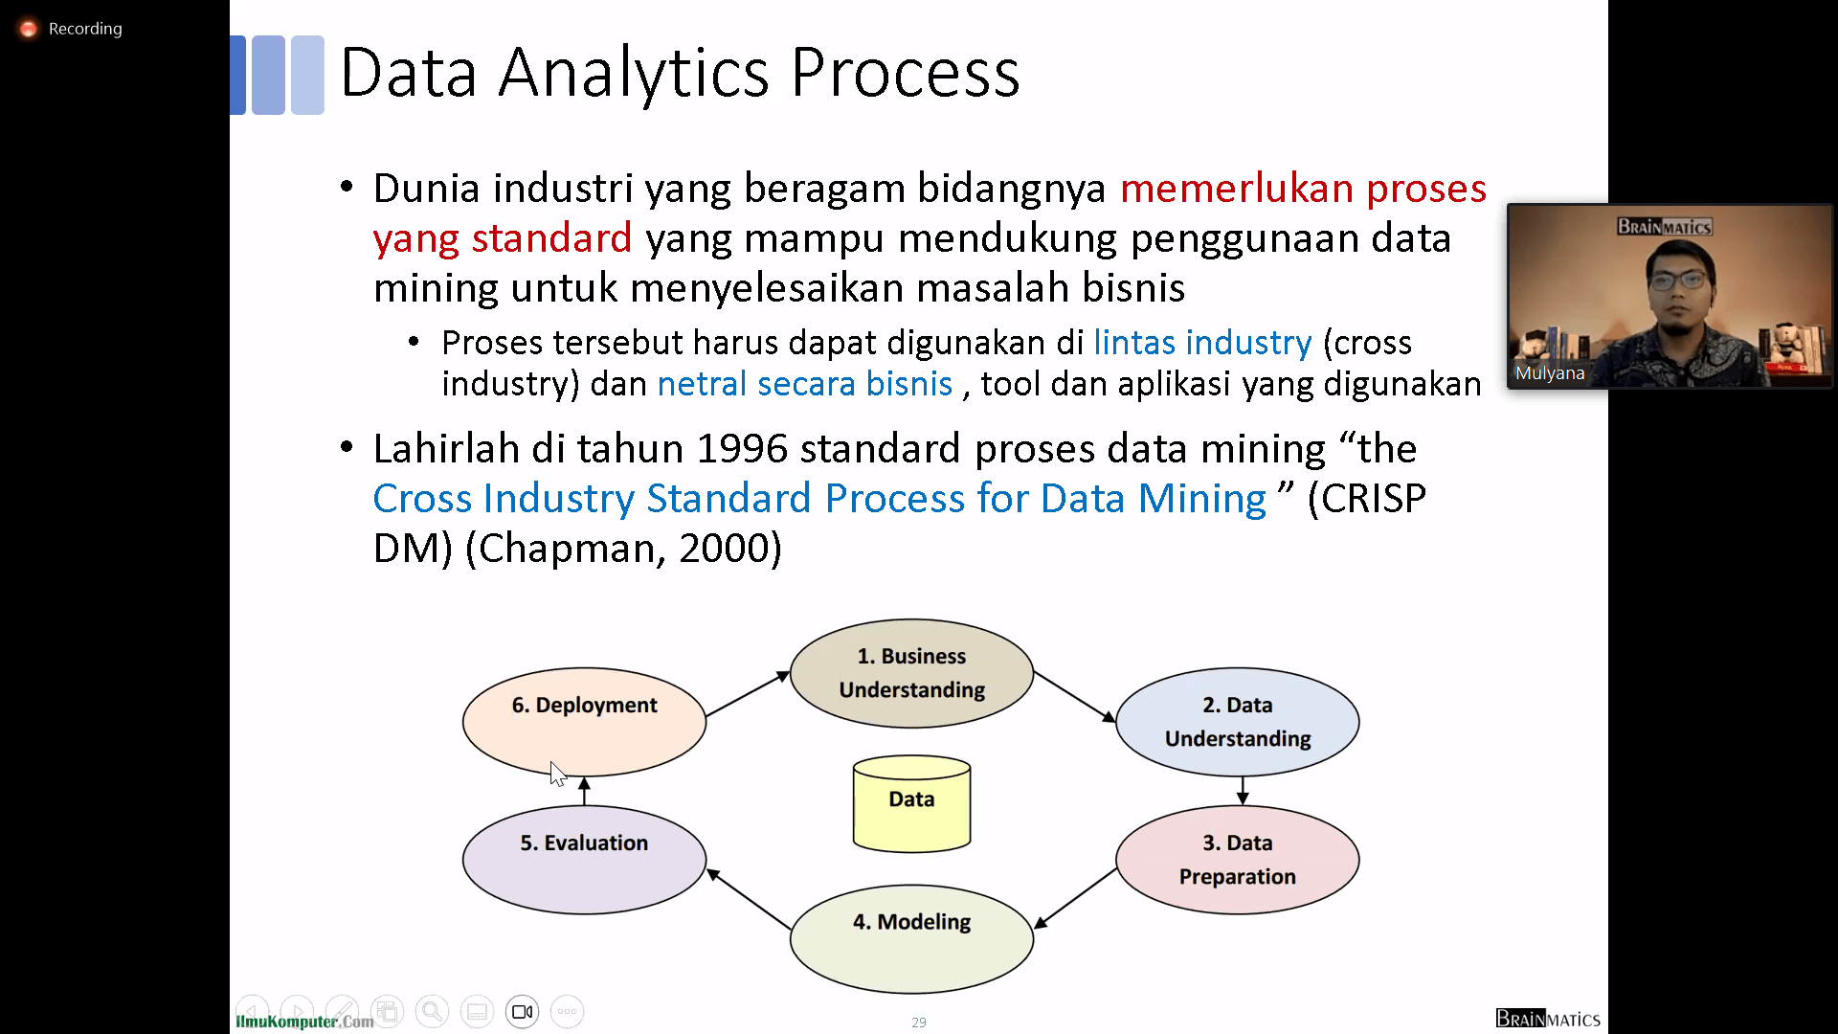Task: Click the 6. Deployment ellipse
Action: click(x=584, y=722)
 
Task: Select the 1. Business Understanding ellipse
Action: click(x=911, y=673)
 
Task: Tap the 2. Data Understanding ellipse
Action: click(x=1238, y=722)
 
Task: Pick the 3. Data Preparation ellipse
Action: click(x=1238, y=860)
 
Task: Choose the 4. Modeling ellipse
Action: click(x=911, y=938)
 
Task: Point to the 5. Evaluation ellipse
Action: click(x=584, y=860)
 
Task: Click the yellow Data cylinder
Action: click(x=911, y=803)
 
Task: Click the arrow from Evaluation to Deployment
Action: click(x=584, y=791)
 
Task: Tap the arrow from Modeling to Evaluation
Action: click(x=749, y=899)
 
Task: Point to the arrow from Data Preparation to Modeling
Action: click(x=1075, y=898)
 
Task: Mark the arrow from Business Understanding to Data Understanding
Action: click(x=1075, y=697)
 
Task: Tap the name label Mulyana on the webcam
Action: click(x=1550, y=373)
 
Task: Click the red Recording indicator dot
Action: click(x=29, y=29)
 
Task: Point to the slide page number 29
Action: click(x=919, y=1023)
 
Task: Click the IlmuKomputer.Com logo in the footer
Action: click(x=304, y=1022)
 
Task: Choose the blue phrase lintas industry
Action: click(x=1202, y=343)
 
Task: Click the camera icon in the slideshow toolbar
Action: click(x=522, y=1012)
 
